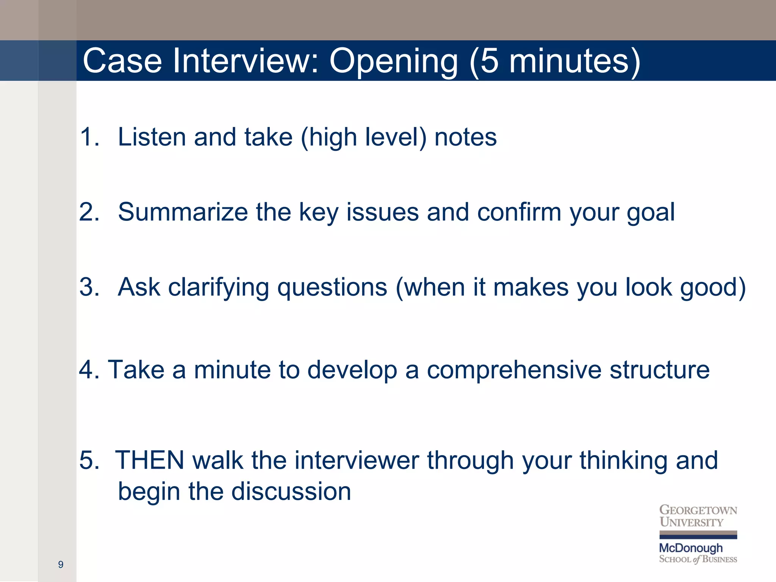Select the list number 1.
[x=89, y=137]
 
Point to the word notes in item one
[x=465, y=137]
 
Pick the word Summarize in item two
[x=183, y=212]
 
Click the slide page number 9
[x=61, y=565]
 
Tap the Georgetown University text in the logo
[x=698, y=516]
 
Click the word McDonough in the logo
[x=691, y=548]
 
